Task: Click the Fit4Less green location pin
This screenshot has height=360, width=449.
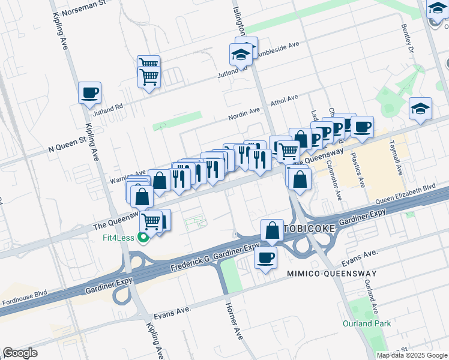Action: [x=143, y=239]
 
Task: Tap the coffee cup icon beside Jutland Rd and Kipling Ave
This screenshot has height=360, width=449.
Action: [x=89, y=93]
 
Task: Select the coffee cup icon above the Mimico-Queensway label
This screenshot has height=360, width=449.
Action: [x=265, y=258]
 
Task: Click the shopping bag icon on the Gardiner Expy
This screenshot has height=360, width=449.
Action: [x=272, y=230]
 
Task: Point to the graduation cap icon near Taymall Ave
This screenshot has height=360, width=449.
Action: [x=420, y=109]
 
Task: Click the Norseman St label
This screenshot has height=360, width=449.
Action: [x=86, y=5]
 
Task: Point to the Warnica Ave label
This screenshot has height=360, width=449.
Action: [x=128, y=176]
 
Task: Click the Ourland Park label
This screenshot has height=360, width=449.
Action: [x=366, y=324]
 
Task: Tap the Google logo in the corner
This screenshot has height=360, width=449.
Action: [x=20, y=353]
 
